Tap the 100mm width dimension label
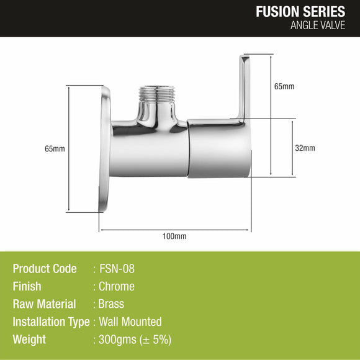(174, 236)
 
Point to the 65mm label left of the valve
(55, 149)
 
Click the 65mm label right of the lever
(284, 86)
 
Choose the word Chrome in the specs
(117, 287)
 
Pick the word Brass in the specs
(112, 304)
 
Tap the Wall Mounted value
(130, 322)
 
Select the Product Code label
(45, 269)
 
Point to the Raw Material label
(44, 304)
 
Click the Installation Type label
(52, 322)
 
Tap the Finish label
(27, 287)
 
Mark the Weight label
(29, 340)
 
